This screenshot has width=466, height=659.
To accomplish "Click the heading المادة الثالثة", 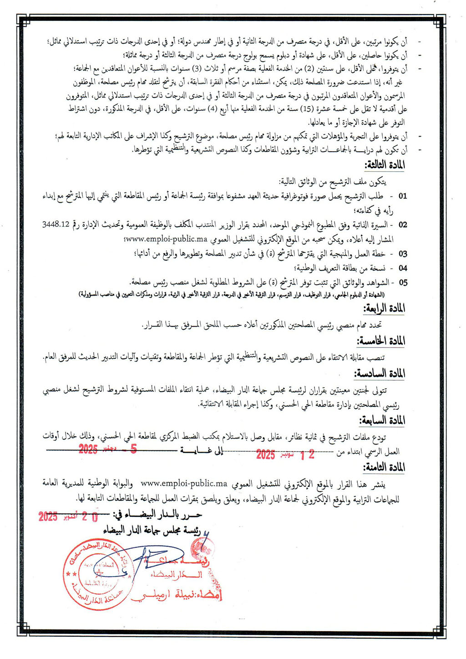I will [385, 165].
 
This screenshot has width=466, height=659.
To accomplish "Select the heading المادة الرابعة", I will [385, 309].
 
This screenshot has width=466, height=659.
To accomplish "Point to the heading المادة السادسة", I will [380, 374].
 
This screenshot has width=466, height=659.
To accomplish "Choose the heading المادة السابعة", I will [382, 420].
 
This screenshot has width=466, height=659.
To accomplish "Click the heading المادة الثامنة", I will [384, 468].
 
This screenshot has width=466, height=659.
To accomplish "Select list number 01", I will [403, 196].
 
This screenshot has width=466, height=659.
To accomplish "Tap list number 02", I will [403, 225].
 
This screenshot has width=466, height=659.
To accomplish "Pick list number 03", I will [403, 254].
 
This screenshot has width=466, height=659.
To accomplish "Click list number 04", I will [403, 268].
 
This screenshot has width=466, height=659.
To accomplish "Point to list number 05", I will [403, 283].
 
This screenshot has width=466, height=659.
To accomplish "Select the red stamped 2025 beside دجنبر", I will [88, 450].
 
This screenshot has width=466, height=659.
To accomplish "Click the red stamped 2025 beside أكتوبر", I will [48, 516].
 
